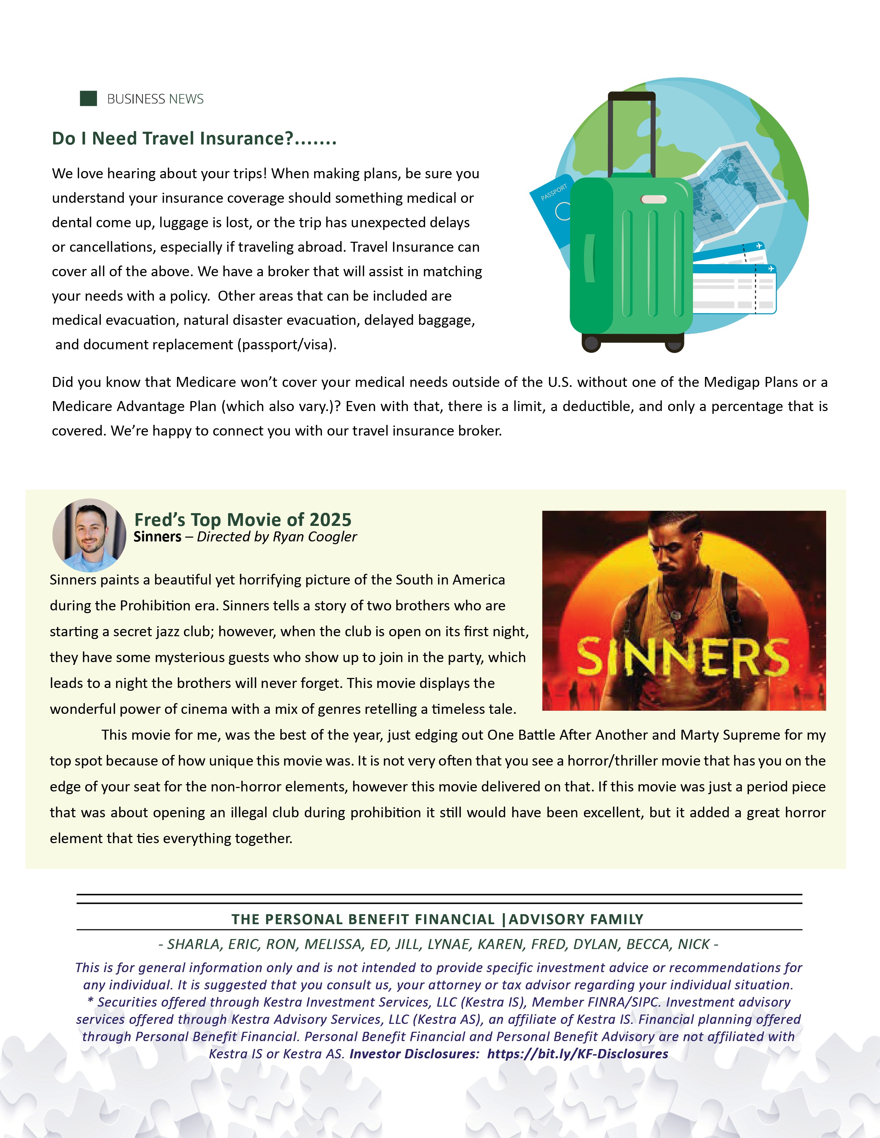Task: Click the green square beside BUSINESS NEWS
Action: click(x=88, y=99)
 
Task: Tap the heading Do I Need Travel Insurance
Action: click(x=194, y=139)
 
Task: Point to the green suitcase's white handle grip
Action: click(x=653, y=200)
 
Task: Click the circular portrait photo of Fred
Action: click(x=89, y=535)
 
